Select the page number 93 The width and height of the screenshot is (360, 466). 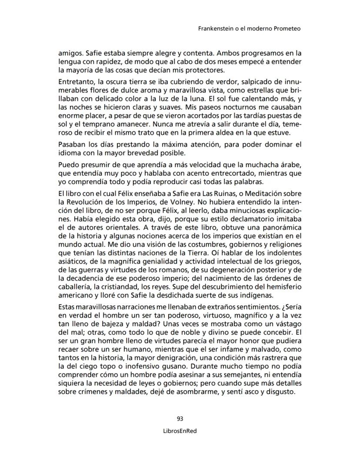click(x=180, y=419)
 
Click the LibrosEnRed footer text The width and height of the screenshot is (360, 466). click(x=180, y=430)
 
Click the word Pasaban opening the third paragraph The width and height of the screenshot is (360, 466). click(x=72, y=144)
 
